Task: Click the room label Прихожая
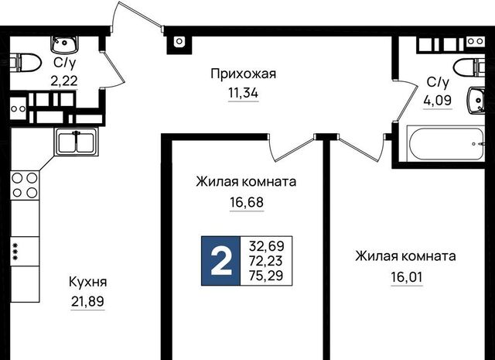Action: tap(243, 74)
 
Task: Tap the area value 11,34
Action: tap(243, 93)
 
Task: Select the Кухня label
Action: tap(87, 282)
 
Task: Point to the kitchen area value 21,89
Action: tap(87, 302)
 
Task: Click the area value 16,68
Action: tap(247, 202)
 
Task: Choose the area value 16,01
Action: tap(407, 277)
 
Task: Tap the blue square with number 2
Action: tap(221, 261)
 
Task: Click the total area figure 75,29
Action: tap(266, 276)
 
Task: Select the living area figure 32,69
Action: tap(267, 245)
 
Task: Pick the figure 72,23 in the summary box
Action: tap(266, 261)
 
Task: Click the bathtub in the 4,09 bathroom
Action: tap(445, 144)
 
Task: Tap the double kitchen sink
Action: tap(76, 142)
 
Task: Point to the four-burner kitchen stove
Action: tap(25, 185)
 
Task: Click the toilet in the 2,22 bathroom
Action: tap(26, 62)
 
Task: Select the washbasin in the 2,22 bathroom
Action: tap(64, 45)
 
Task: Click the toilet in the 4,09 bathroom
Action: tap(469, 67)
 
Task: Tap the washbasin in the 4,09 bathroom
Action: tap(476, 100)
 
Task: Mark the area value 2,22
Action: tap(64, 81)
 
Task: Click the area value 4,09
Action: tap(438, 101)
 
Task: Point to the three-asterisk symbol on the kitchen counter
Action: tap(15, 252)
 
